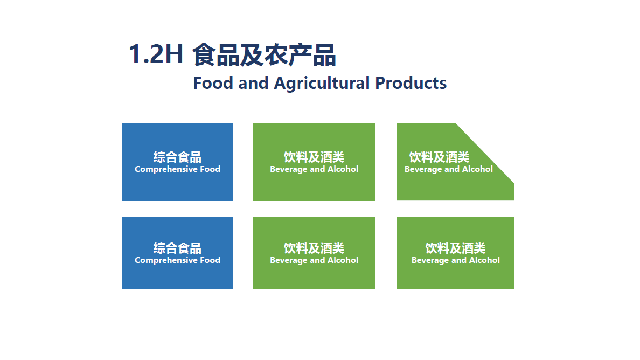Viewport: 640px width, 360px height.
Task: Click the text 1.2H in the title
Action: point(156,54)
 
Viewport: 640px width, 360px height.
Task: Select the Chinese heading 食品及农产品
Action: point(264,54)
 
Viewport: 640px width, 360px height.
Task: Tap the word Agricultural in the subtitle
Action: point(322,84)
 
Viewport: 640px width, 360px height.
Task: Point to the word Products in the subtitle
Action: point(411,83)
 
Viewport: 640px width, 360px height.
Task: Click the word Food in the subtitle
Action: point(213,83)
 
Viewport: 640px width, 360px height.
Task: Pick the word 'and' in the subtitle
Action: point(254,83)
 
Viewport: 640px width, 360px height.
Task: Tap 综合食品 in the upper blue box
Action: point(178,157)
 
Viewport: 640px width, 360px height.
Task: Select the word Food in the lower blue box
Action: point(210,260)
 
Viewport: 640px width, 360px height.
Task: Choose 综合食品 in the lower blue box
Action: point(178,248)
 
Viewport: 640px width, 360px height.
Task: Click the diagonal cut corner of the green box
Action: point(484,153)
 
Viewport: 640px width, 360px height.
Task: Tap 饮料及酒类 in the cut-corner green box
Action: point(439,157)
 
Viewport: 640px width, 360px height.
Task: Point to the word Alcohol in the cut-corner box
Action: point(477,169)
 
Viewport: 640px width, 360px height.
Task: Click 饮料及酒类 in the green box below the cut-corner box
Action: point(456,248)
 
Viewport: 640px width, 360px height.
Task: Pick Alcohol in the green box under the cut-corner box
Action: point(484,260)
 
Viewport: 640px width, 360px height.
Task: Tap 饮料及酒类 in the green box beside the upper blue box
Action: point(314,157)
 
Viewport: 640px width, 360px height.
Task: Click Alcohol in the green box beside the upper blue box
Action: point(343,169)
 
